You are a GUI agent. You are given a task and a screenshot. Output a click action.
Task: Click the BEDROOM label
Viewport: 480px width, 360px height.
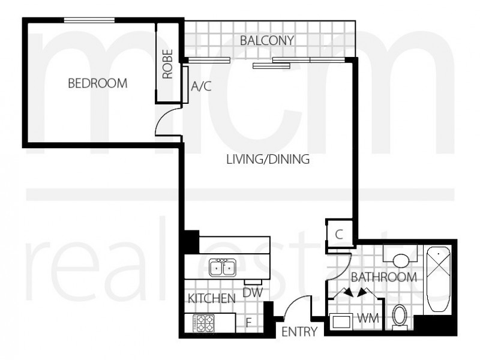97,83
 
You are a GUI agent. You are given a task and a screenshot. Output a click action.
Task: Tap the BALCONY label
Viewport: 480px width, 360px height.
266,41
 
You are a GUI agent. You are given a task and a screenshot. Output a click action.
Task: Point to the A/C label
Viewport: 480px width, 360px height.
201,86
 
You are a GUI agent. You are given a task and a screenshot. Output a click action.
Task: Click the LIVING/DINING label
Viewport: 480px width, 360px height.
268,160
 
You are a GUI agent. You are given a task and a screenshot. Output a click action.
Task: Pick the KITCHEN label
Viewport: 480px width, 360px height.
211,299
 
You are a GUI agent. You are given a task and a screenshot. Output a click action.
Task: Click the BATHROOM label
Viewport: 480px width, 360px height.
384,277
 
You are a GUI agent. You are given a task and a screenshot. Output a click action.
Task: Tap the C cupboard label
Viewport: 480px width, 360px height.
338,235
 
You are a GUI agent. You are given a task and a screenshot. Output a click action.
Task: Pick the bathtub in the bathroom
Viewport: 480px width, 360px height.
440,280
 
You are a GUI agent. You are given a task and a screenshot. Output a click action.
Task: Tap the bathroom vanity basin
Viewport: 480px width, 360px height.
400,259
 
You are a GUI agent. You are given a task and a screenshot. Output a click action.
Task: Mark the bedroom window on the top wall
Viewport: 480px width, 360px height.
89,20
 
